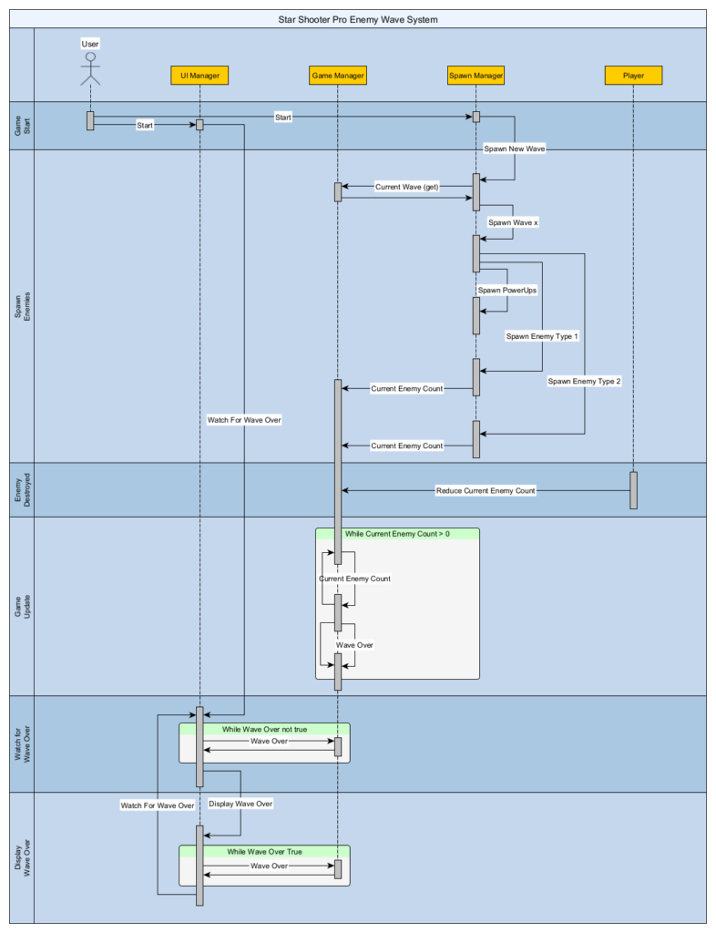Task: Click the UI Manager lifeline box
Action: tap(199, 76)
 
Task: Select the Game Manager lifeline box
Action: tap(338, 76)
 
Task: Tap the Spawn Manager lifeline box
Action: tap(476, 76)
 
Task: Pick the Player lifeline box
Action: tap(633, 76)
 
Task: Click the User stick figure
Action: tap(90, 68)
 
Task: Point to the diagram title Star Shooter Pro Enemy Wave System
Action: tap(358, 20)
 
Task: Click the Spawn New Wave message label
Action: tap(515, 149)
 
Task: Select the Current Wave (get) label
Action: tap(407, 187)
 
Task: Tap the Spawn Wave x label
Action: tap(513, 222)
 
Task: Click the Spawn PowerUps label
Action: tap(507, 291)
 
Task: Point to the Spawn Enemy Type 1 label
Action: tap(542, 336)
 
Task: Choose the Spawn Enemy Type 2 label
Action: tap(584, 382)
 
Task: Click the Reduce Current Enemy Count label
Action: tap(486, 491)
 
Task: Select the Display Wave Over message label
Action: tap(240, 804)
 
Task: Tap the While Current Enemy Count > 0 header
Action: tap(397, 534)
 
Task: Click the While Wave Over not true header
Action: tap(265, 730)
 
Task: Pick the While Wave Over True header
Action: tap(265, 852)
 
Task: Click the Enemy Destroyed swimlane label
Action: tap(22, 490)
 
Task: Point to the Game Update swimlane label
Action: tap(22, 606)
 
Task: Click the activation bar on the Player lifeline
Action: tap(633, 490)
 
